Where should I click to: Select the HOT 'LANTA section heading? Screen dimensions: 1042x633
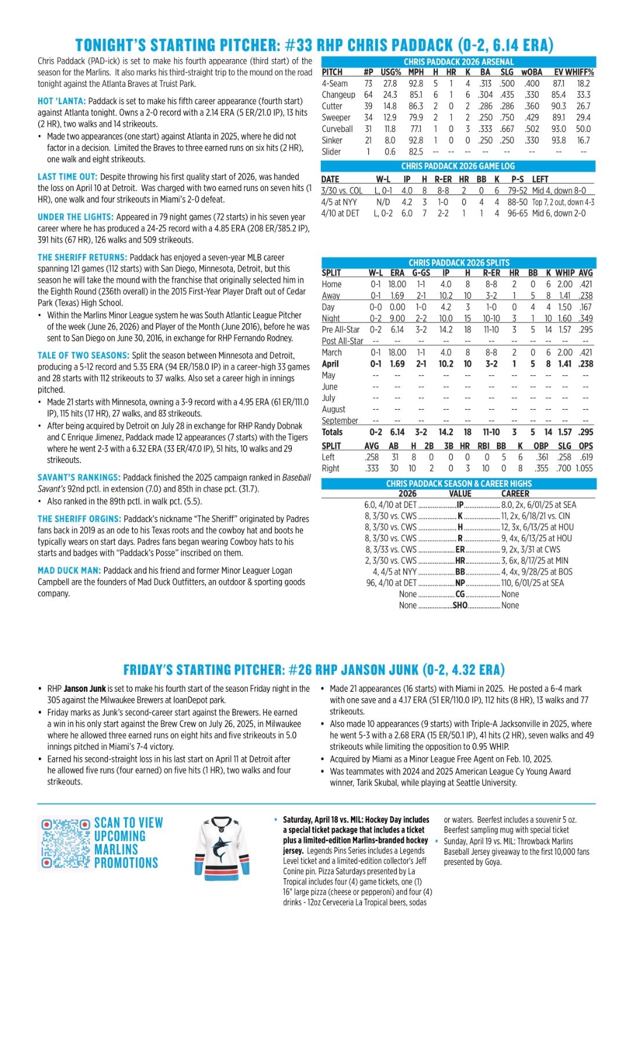pos(61,101)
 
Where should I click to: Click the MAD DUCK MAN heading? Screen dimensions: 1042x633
pos(69,571)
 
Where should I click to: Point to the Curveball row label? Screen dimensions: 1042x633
pos(337,129)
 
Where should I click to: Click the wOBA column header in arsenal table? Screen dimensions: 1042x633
pos(531,72)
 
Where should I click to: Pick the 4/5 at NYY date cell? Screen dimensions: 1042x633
pos(339,202)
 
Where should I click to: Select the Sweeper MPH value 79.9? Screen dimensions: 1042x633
pos(416,118)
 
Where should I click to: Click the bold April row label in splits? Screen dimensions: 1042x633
pos(330,364)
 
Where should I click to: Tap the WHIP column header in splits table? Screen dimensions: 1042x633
pos(565,273)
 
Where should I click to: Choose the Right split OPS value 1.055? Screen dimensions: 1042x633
pos(583,468)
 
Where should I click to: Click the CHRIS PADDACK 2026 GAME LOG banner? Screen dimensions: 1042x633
pos(458,166)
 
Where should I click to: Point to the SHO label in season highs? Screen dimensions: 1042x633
pos(460,606)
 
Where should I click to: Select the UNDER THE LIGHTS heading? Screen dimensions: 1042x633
pos(75,217)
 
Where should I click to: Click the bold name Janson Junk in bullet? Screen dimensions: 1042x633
pos(85,689)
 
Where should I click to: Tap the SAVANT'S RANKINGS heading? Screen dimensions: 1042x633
pos(79,478)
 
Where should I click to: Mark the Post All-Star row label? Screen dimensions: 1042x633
pos(342,341)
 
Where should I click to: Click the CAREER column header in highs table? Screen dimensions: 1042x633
pos(515,494)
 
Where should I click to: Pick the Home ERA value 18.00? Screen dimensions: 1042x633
pos(397,284)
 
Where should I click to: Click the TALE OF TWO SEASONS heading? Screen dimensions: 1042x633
pos(83,355)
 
